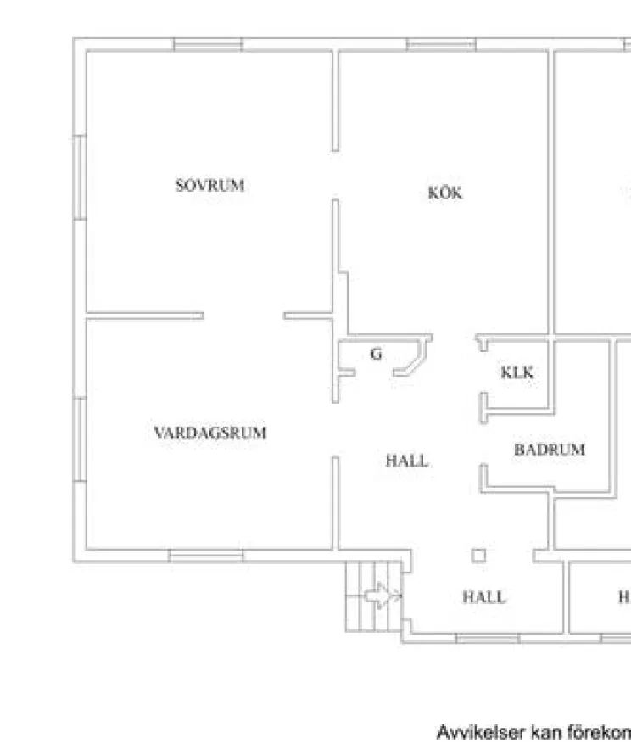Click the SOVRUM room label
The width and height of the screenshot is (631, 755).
click(209, 185)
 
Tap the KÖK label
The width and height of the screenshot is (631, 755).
click(445, 193)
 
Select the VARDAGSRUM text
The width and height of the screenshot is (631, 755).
click(209, 433)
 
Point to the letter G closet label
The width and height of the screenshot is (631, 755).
click(376, 354)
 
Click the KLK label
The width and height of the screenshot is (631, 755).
click(517, 372)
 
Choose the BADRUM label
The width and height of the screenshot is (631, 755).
click(549, 450)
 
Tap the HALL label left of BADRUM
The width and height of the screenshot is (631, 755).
click(407, 461)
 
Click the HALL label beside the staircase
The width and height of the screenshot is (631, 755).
click(483, 597)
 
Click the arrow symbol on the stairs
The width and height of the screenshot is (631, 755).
click(383, 596)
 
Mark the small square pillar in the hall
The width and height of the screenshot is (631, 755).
click(479, 555)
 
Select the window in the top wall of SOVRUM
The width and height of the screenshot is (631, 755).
click(208, 44)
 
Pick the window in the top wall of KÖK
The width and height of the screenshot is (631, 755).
click(440, 44)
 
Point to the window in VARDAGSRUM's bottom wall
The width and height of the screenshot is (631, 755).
click(206, 556)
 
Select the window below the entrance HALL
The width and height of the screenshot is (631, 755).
click(488, 638)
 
